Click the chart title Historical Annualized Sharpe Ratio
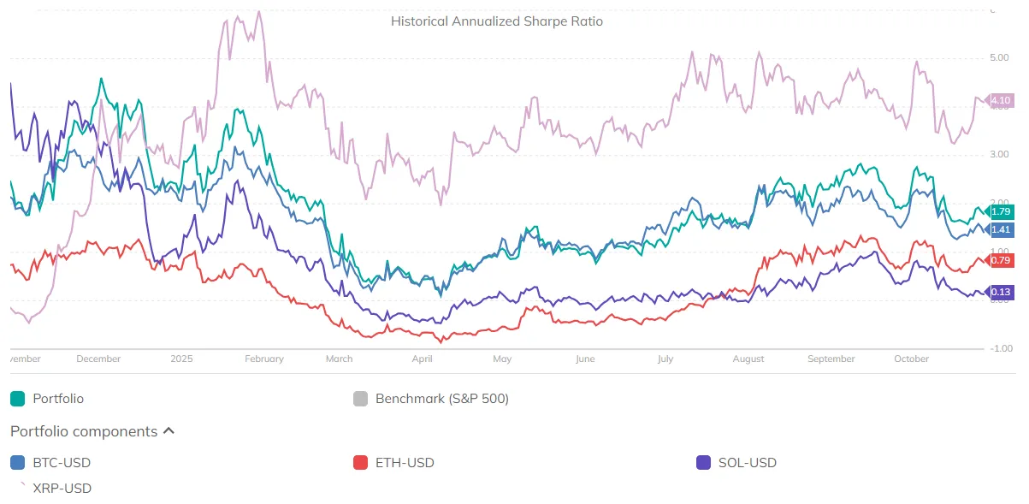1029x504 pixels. coord(496,21)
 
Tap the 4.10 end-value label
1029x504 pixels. coord(1000,101)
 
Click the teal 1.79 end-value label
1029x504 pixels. coord(1000,211)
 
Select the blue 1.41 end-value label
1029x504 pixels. coord(1000,229)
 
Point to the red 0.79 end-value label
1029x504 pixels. coord(1000,260)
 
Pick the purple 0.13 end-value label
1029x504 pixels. coord(1000,293)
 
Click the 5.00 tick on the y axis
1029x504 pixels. coord(998,58)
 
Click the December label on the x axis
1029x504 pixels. coord(98,359)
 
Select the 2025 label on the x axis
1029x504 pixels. coord(181,359)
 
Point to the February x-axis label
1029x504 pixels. coord(263,359)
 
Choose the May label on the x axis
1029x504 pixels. coord(502,359)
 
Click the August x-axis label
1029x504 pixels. coord(748,359)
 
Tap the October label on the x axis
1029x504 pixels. coord(911,359)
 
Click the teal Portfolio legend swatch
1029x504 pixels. coord(17,399)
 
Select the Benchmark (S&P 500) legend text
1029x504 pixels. coord(441,399)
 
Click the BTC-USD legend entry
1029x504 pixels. coord(61,463)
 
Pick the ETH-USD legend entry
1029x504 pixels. coord(404,463)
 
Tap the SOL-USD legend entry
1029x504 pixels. coord(747,463)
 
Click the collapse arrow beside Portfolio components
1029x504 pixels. coord(169,431)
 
